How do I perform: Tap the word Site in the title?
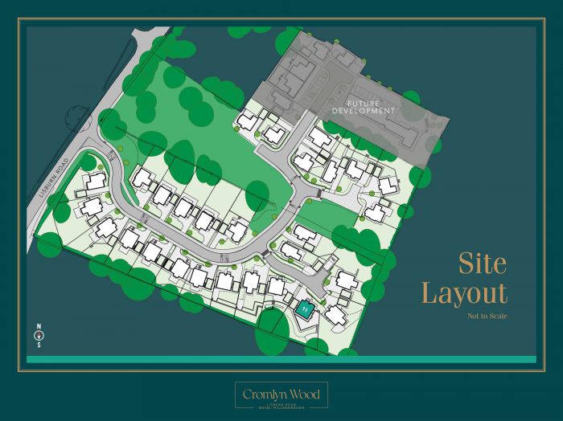[x=483, y=264]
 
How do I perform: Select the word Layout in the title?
[x=465, y=293]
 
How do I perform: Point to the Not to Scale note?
[x=487, y=316]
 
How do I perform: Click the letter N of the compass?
[x=38, y=327]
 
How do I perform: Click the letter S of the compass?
[x=38, y=345]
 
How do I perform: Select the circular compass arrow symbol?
[x=38, y=337]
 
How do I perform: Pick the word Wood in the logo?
[x=306, y=394]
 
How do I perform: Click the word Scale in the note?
[x=498, y=316]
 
